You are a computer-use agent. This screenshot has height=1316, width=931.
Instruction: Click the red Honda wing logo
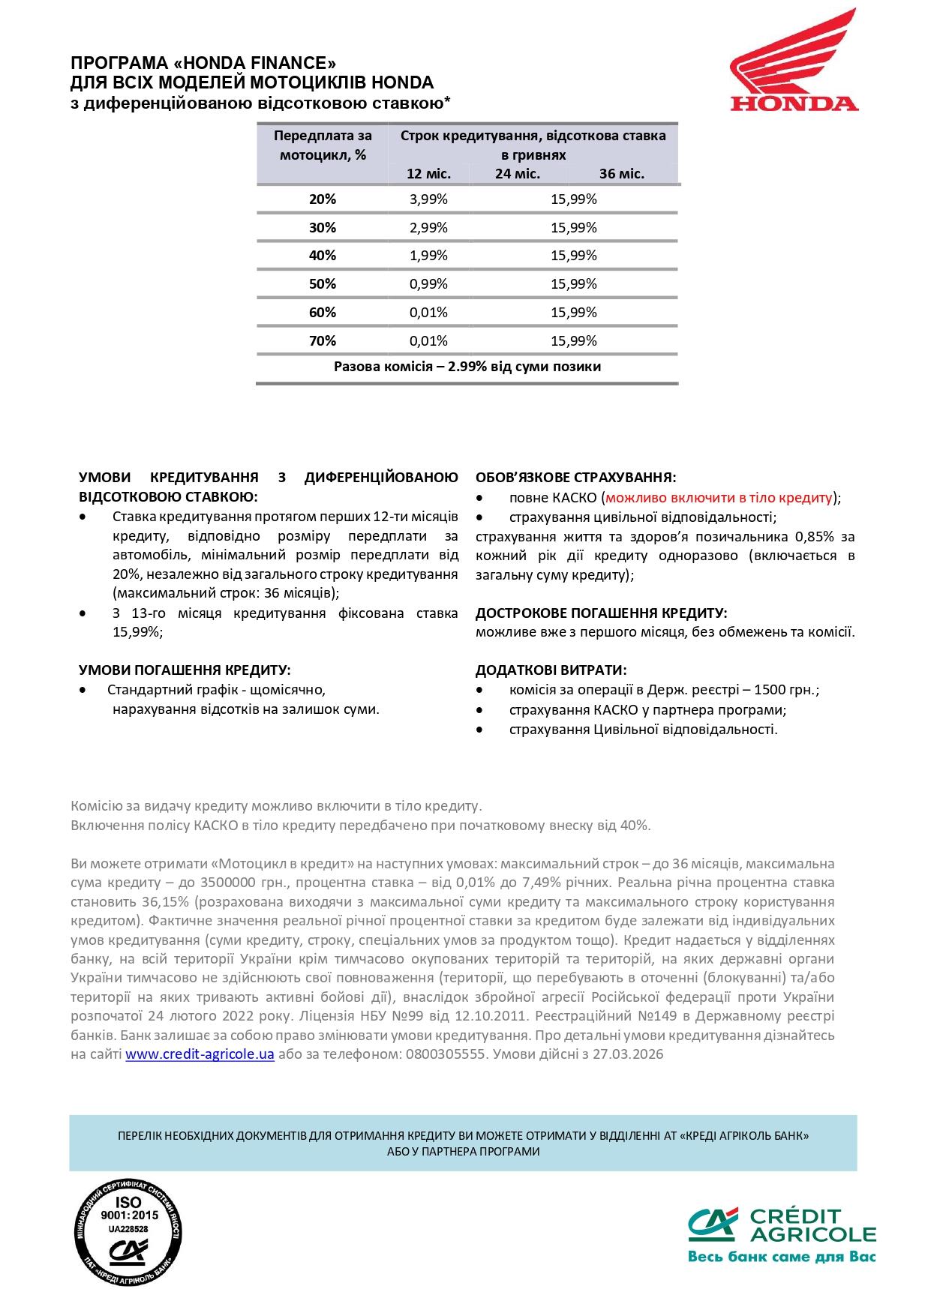point(794,60)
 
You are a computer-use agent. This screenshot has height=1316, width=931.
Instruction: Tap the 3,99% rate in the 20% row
point(428,199)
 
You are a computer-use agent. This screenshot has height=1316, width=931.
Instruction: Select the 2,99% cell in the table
point(428,228)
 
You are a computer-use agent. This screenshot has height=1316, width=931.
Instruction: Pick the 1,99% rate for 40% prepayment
point(428,256)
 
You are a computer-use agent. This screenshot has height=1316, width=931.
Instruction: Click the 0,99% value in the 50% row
point(428,284)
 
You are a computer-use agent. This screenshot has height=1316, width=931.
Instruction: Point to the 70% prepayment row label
point(323,341)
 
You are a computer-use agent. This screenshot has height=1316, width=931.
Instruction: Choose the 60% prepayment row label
point(323,313)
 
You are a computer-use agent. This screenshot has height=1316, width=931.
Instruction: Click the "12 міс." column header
point(428,174)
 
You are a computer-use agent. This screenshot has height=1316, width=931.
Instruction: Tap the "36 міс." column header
point(622,174)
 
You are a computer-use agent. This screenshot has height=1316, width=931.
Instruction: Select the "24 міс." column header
point(518,174)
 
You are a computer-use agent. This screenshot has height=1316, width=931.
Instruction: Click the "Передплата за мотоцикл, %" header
point(323,145)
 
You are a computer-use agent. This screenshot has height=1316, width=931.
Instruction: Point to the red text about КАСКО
point(719,498)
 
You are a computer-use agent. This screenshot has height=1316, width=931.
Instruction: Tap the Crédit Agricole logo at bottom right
point(782,1235)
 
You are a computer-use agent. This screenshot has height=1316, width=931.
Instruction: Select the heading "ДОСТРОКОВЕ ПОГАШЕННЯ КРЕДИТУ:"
point(601,613)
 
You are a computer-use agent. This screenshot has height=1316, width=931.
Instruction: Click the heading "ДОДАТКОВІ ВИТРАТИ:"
point(551,670)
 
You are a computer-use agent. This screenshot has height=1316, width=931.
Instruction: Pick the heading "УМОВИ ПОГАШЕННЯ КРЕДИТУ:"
point(185,670)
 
